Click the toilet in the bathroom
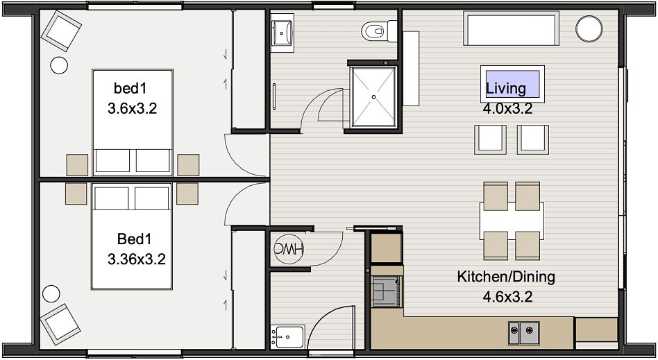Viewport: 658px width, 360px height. click(379, 31)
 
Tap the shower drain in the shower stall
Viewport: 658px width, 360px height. click(373, 97)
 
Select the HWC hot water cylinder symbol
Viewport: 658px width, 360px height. click(289, 249)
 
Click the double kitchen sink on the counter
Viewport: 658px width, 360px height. click(524, 333)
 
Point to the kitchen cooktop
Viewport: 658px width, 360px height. click(386, 291)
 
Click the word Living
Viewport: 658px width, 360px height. click(506, 88)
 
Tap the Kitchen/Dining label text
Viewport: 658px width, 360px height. click(506, 277)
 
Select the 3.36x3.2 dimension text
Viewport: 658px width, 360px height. click(136, 259)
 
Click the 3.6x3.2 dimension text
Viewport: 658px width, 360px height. click(132, 109)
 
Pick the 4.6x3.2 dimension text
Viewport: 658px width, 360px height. click(507, 297)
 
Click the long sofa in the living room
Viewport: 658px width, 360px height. click(511, 28)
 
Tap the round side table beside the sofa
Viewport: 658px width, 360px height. click(589, 28)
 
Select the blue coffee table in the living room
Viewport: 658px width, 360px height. click(512, 83)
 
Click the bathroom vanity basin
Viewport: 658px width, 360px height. click(282, 33)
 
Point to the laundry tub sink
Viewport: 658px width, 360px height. click(287, 336)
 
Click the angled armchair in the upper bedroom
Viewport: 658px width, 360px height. click(61, 31)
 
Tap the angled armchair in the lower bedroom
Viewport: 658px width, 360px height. click(60, 324)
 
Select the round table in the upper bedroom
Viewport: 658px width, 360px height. click(59, 65)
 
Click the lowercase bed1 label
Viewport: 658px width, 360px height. click(130, 88)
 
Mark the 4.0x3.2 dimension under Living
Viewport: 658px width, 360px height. click(507, 109)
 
